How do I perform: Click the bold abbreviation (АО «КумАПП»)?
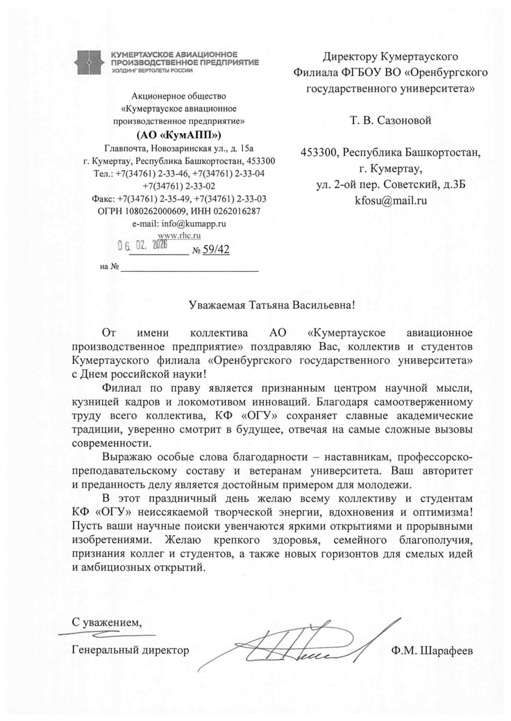pos(178,135)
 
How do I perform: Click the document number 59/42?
pos(216,250)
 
